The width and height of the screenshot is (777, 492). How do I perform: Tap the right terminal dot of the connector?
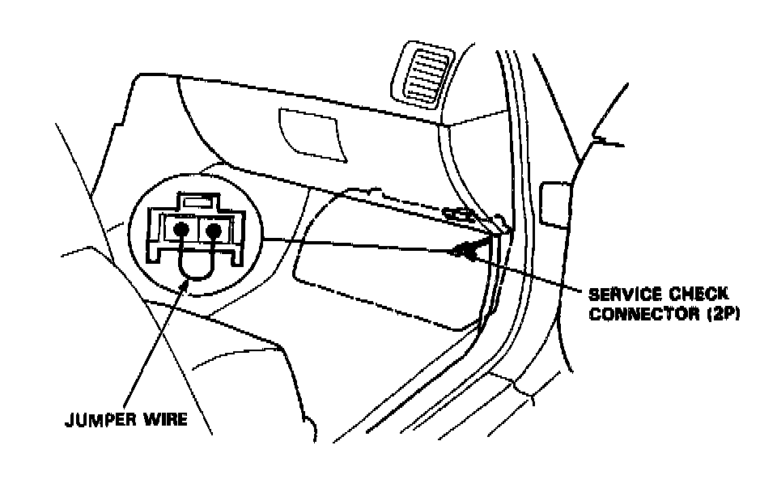pos(214,231)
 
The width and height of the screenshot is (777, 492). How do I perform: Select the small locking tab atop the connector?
pos(197,198)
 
